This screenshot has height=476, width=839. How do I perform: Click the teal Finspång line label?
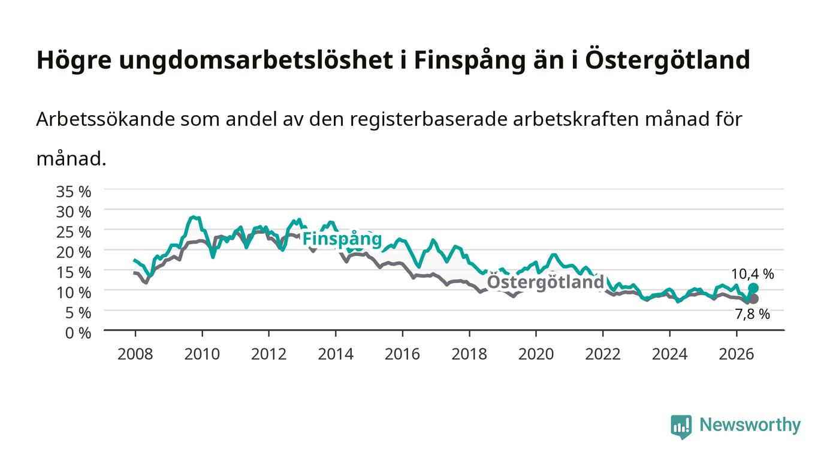[x=342, y=239]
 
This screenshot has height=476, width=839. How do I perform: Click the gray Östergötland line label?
[x=545, y=282]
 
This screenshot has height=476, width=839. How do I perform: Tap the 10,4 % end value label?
[x=753, y=274]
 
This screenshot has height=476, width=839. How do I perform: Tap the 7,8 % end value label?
[x=753, y=314]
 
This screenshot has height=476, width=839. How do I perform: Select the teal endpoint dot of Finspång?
[x=753, y=288]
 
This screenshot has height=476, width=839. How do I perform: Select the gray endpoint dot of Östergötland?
[x=753, y=299]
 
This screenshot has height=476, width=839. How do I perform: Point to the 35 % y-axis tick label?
[x=74, y=192]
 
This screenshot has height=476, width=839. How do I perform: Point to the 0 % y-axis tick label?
[x=79, y=333]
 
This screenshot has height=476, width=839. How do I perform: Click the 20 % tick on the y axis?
[x=74, y=252]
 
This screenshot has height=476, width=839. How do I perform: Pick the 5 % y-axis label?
[x=79, y=313]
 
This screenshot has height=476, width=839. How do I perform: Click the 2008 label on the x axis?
[x=135, y=354]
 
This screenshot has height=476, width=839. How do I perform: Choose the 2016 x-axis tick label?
[x=402, y=354]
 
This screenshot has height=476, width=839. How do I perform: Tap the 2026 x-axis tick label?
[x=736, y=354]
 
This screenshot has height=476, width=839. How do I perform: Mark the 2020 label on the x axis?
[x=536, y=354]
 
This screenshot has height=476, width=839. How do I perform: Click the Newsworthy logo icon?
[x=681, y=426]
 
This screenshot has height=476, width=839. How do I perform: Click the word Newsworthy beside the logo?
[x=750, y=425]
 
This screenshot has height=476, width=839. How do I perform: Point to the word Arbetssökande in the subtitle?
[x=105, y=119]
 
